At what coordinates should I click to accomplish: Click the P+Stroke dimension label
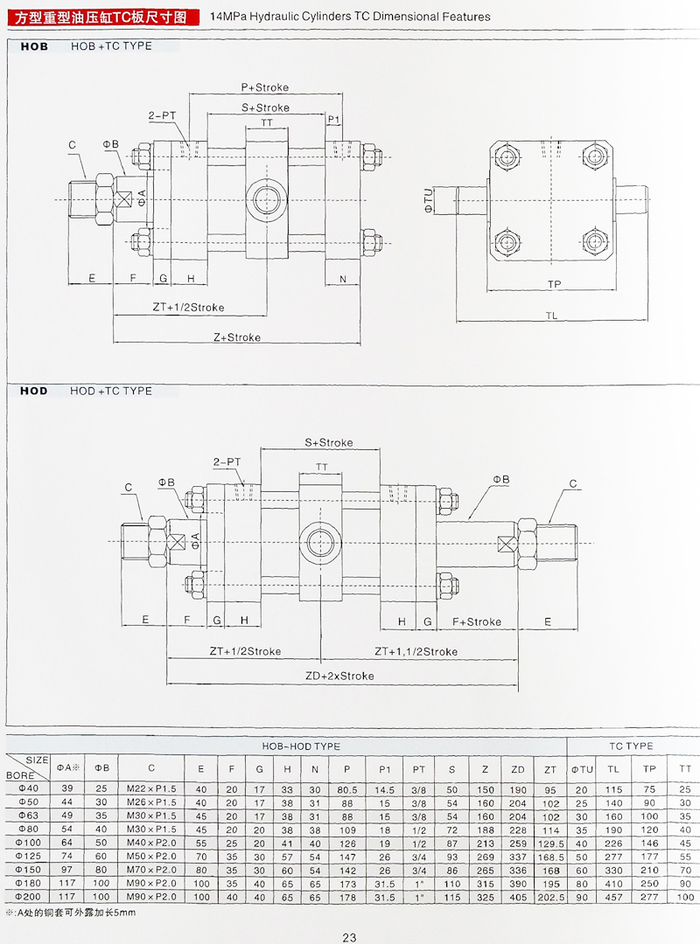click(264, 87)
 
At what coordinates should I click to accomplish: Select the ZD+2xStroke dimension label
click(339, 676)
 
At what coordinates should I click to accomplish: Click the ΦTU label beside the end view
click(428, 199)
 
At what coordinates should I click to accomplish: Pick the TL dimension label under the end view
click(551, 316)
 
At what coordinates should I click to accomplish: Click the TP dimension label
click(554, 285)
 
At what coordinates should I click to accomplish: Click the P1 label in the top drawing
click(334, 119)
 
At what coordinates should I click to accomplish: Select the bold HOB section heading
click(34, 46)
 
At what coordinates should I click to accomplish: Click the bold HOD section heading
click(34, 391)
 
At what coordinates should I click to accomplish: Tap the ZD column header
click(517, 769)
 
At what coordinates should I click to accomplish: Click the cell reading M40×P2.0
click(150, 843)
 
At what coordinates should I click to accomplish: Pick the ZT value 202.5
click(549, 898)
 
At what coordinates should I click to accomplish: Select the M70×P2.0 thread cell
click(150, 871)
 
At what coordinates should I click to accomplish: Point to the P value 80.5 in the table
click(347, 789)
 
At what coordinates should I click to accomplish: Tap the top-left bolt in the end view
click(507, 158)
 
